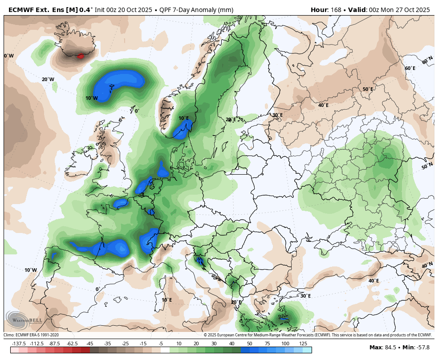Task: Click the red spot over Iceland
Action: tap(81, 56)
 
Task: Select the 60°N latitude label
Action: tap(427, 60)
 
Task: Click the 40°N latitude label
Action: tap(427, 265)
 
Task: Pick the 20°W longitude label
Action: tap(48, 80)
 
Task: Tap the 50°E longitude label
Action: tap(368, 89)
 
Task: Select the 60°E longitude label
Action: tap(410, 68)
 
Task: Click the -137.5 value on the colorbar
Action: tap(19, 344)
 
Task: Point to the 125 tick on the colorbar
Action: tap(303, 344)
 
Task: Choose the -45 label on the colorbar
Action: tap(89, 344)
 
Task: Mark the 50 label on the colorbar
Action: tap(249, 344)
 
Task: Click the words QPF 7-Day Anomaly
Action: tap(181, 10)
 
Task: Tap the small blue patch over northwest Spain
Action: tap(54, 256)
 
